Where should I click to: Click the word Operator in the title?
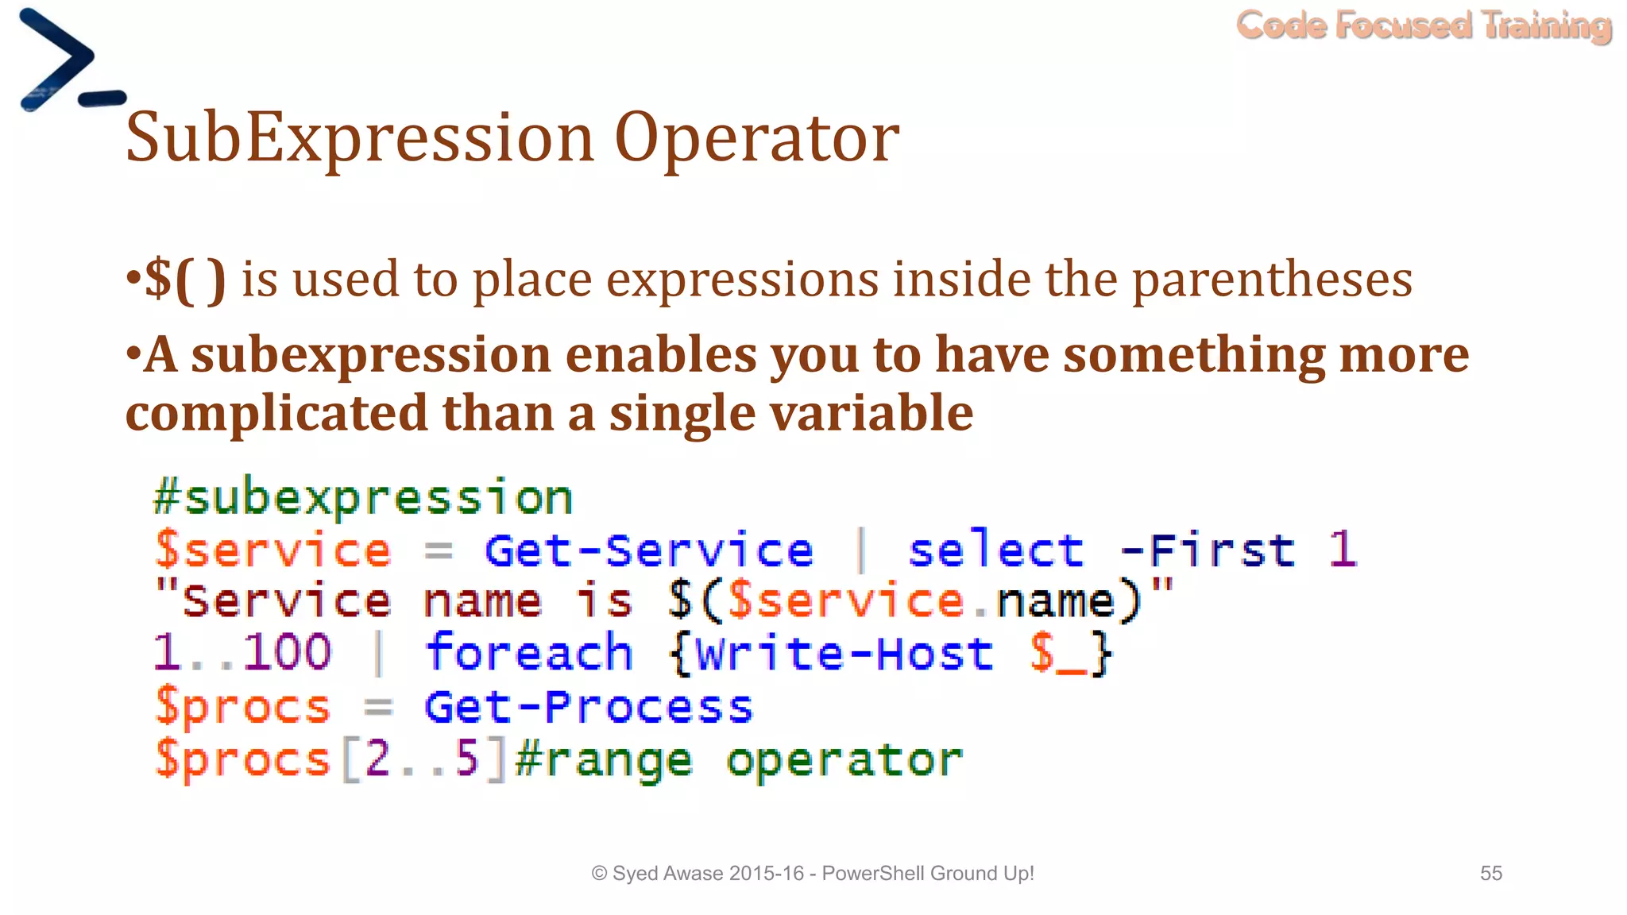coord(756,138)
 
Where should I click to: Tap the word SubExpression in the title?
coord(359,138)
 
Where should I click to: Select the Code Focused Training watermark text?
coord(1423,25)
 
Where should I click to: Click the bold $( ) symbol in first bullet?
coord(184,280)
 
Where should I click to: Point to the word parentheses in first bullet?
coord(1271,280)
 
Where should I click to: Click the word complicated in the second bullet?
coord(276,413)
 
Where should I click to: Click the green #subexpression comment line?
coord(362,498)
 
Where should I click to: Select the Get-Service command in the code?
coord(648,550)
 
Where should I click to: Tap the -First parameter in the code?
coord(1207,550)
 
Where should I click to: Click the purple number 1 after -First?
coord(1342,550)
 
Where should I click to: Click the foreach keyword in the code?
coord(528,653)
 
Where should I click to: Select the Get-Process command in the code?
coord(588,707)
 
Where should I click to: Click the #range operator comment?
coord(739,760)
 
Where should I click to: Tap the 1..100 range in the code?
coord(242,653)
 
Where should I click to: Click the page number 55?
coord(1490,873)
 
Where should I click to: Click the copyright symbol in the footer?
coord(599,874)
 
